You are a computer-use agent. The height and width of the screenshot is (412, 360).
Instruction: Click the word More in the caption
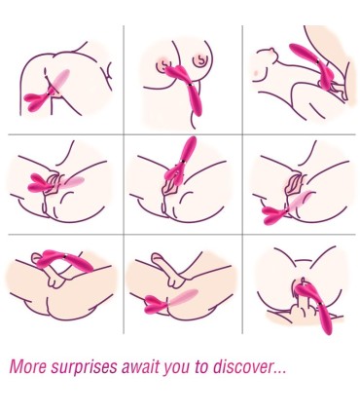click(28, 366)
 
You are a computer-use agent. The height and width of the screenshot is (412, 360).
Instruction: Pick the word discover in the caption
click(242, 366)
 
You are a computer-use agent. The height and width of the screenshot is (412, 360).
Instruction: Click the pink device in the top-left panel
click(48, 92)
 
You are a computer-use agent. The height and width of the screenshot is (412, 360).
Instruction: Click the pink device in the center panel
click(182, 161)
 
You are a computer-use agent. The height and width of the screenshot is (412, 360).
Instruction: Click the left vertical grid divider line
click(124, 179)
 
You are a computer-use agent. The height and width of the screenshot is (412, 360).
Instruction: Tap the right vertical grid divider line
click(242, 179)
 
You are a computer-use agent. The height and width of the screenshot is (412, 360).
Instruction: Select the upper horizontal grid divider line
click(182, 134)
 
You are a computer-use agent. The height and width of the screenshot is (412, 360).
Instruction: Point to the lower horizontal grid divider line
click(182, 234)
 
